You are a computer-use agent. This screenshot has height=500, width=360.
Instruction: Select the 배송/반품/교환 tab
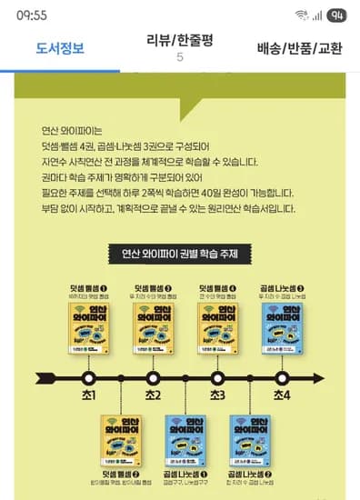point(299,48)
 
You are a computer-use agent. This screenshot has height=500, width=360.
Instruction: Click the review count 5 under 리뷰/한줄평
point(179,57)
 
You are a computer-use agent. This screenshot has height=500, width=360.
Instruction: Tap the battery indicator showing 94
point(336,15)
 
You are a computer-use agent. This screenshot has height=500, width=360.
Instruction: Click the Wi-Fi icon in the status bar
point(301,15)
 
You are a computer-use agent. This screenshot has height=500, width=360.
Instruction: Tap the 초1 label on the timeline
point(88,395)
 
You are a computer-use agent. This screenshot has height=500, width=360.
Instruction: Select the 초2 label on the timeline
point(153,395)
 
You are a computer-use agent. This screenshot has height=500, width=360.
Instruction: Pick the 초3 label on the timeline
point(217,395)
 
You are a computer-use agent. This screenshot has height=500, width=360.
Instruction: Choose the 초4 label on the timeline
point(282,395)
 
